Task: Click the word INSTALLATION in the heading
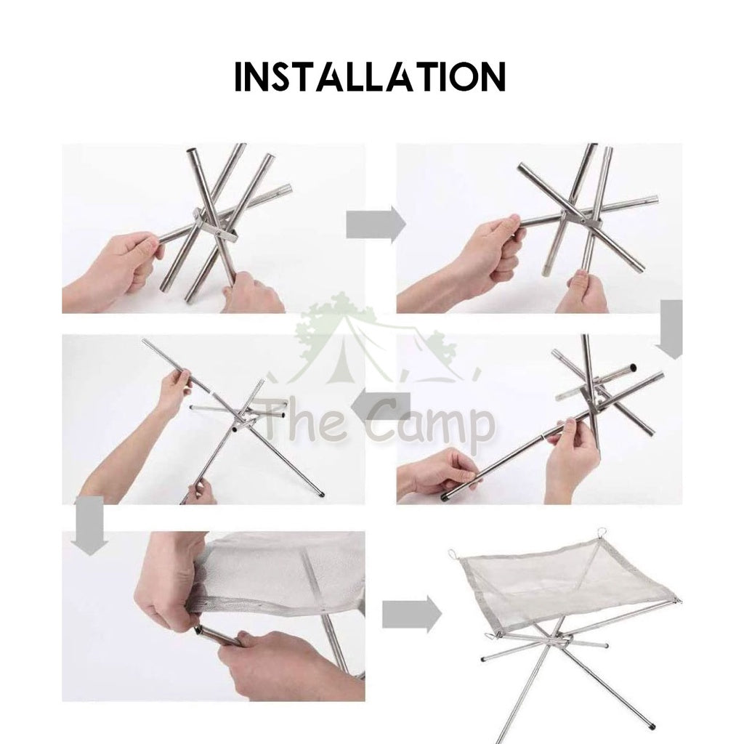coord(371,76)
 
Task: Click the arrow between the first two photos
coord(376,225)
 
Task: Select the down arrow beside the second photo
coord(669,330)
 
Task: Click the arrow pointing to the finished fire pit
coord(412,614)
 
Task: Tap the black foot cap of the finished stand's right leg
coord(654,726)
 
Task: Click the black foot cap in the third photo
coord(322,493)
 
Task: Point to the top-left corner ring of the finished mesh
coord(452,554)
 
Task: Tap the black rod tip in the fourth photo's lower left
coord(445,497)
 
